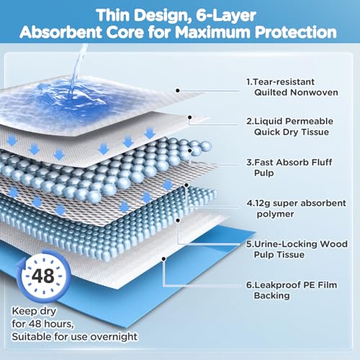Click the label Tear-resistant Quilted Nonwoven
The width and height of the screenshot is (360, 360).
[x=292, y=87]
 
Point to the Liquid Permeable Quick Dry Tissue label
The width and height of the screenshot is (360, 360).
[x=289, y=127]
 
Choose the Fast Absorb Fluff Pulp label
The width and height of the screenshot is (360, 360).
[x=289, y=168]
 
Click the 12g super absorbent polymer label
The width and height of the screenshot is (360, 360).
[x=296, y=208]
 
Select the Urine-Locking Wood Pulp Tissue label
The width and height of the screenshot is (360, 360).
[x=297, y=249]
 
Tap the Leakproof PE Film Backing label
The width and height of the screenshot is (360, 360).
[x=292, y=290]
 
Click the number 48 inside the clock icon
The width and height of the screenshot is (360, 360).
[x=43, y=276]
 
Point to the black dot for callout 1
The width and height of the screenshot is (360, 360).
[x=178, y=91]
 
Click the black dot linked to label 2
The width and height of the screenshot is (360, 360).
[x=189, y=117]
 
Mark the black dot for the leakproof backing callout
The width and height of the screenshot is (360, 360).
[x=163, y=259]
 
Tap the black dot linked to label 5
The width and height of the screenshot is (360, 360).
[x=178, y=220]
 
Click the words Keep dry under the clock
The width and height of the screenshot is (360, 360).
[x=34, y=311]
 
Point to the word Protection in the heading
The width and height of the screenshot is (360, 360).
[x=296, y=32]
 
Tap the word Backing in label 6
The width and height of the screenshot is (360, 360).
[x=271, y=295]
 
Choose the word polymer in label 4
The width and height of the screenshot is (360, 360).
[x=275, y=214]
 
